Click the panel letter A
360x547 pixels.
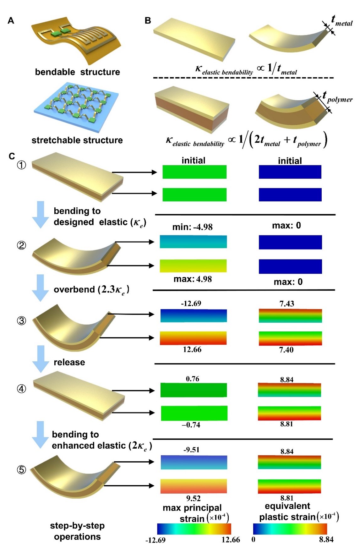click(11, 21)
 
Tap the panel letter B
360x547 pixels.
click(148, 21)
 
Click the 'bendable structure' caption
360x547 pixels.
click(77, 72)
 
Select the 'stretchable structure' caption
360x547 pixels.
click(77, 140)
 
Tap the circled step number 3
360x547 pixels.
click(21, 321)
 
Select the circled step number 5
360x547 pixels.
click(21, 470)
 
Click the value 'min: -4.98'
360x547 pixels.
click(192, 227)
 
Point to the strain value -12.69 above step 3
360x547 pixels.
click(191, 304)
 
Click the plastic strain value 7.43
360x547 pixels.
click(286, 304)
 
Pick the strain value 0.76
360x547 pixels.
click(192, 379)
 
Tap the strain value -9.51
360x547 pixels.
click(191, 450)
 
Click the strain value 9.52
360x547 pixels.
click(193, 498)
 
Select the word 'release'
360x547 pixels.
click(69, 362)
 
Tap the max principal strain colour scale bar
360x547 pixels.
click(194, 529)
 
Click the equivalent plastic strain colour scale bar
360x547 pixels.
click(290, 529)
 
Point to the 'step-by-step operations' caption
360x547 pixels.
click(77, 531)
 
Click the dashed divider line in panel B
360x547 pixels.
click(243, 78)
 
